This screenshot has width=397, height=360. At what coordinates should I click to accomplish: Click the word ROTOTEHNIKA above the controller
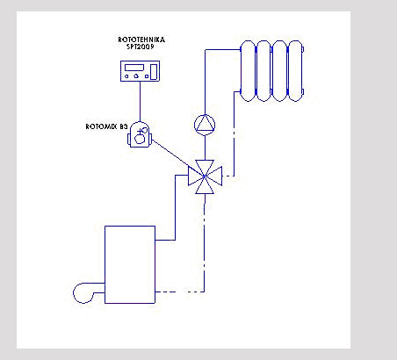click(141, 40)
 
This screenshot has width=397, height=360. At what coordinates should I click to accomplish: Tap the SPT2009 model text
click(141, 47)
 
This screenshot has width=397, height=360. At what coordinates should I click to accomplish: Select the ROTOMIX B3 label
click(106, 126)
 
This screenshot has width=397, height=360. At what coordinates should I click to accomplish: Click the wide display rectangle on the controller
click(134, 68)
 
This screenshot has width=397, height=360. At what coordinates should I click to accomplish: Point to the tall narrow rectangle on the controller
click(154, 72)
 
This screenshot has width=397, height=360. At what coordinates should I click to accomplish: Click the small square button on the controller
click(147, 76)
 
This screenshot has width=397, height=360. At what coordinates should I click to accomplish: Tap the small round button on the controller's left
click(126, 76)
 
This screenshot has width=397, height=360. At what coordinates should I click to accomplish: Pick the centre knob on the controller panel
click(136, 76)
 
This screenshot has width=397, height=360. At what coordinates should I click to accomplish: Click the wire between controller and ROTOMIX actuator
click(140, 101)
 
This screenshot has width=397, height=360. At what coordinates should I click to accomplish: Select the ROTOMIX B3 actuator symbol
click(140, 134)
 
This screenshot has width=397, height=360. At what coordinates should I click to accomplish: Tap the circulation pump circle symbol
click(205, 125)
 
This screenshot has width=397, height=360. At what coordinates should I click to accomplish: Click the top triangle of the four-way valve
click(205, 168)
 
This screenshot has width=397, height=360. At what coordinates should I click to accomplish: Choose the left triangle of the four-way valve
click(195, 176)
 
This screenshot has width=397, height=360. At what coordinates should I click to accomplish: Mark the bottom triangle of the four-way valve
click(205, 186)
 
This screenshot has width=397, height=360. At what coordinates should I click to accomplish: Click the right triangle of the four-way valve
click(214, 176)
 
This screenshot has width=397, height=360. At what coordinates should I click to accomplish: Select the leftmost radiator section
click(248, 71)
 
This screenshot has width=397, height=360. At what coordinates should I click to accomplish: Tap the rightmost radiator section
click(295, 71)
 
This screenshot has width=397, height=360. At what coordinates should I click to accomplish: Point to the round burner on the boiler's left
click(74, 292)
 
